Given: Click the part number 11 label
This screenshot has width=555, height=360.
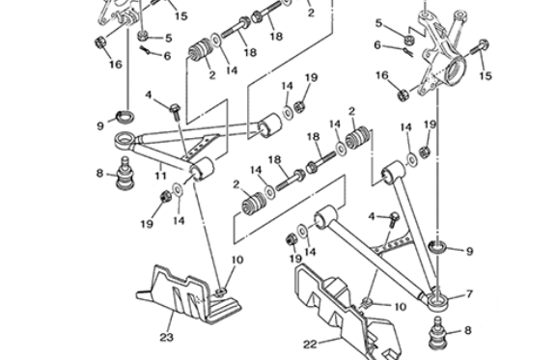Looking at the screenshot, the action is [161, 176].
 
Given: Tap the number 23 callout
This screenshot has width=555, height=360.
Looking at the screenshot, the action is [166, 338].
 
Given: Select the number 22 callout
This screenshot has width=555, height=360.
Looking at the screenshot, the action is [310, 345].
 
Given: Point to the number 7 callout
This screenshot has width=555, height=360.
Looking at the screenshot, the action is [470, 293].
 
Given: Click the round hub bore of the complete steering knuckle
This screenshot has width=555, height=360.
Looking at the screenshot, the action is [455, 68].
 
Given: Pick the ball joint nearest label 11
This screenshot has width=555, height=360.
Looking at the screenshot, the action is [125, 174].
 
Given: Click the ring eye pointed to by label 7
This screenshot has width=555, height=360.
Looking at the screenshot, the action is [438, 301].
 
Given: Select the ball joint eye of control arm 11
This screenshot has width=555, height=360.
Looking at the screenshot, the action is [125, 139].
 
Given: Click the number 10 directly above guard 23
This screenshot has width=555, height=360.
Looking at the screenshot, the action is [237, 261].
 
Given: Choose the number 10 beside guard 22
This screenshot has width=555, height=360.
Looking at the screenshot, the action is [400, 307].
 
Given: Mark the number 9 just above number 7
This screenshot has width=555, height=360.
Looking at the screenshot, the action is [469, 251].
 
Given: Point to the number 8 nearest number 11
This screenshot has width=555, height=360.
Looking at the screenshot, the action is [99, 173].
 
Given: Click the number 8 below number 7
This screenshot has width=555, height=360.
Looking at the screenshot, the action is [467, 330].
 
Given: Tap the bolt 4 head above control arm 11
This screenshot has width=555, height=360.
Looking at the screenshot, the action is [174, 107].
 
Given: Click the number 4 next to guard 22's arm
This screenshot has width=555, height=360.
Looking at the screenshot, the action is [372, 216].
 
